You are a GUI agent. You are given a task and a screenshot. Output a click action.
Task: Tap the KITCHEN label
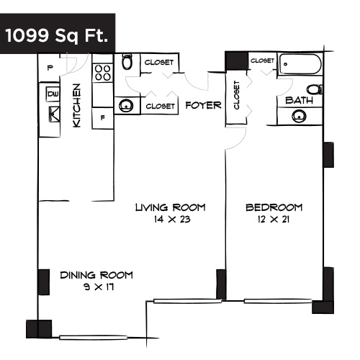[x=77, y=106]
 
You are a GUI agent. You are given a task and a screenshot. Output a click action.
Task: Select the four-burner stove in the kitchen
[x=102, y=73]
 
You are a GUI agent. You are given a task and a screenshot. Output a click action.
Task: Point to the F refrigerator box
[x=103, y=117]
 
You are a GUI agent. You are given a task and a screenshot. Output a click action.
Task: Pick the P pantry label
[x=50, y=68]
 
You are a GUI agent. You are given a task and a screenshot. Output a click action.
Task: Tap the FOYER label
[x=202, y=105]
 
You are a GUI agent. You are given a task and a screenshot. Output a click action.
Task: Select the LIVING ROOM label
[x=170, y=207]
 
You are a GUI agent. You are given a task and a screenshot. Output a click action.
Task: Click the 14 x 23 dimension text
[x=170, y=220]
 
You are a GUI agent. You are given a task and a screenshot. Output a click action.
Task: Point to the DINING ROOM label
[x=96, y=274]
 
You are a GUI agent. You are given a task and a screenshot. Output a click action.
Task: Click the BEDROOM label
[x=274, y=207]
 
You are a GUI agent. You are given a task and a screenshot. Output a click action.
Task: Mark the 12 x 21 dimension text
[x=274, y=220]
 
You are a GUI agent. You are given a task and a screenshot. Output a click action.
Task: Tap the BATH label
[x=299, y=101]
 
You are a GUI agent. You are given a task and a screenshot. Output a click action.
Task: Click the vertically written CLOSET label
[x=236, y=95]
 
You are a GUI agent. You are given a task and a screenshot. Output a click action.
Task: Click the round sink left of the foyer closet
[x=127, y=106]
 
